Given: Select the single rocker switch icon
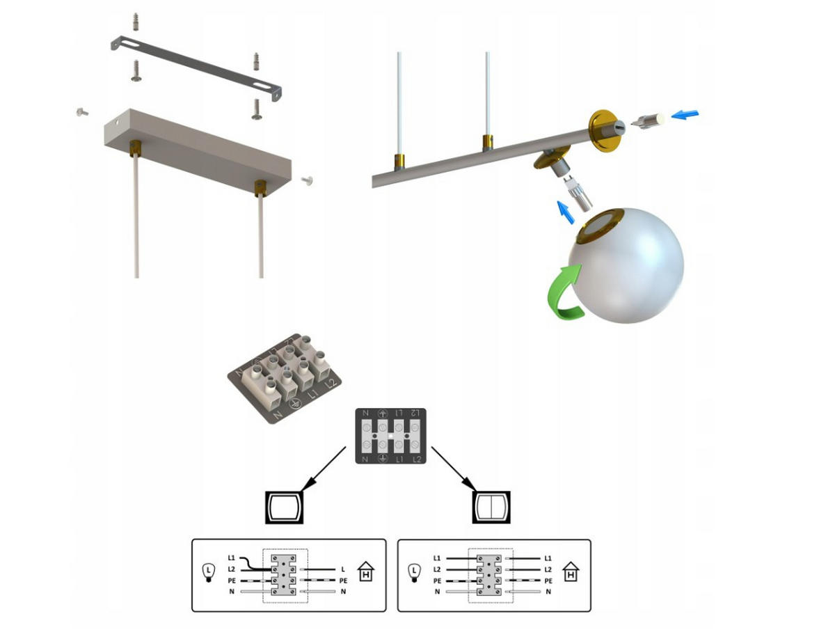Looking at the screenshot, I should [284, 507].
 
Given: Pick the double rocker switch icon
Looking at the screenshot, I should [492, 507].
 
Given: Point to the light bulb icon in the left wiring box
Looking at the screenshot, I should [207, 572].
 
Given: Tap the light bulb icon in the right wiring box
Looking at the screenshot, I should [414, 572].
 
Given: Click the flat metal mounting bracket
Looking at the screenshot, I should [196, 69].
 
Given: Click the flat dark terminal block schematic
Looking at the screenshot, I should [390, 436].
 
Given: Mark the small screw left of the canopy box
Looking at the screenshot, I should [81, 111].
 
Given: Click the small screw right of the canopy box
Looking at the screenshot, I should [308, 180].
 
